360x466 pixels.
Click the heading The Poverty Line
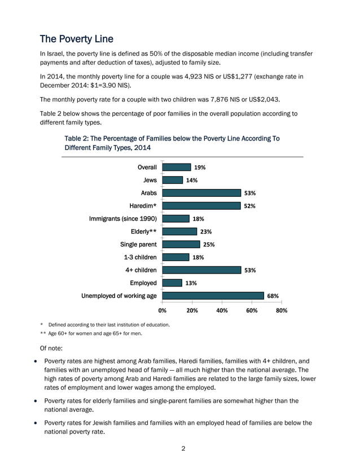[x=77, y=39]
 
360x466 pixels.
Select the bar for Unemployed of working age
[x=213, y=296]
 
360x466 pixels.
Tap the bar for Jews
[x=173, y=180]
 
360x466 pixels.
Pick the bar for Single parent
[x=181, y=244]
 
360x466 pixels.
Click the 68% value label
[x=273, y=296]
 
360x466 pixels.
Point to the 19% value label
[x=200, y=167]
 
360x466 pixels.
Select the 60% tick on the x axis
[x=252, y=310]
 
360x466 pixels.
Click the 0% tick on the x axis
[x=163, y=310]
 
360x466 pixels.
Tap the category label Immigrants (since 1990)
[x=123, y=218]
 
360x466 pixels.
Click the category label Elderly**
[x=143, y=231]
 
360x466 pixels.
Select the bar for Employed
[x=172, y=283]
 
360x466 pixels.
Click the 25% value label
[x=209, y=244]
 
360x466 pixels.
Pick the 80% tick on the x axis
[x=282, y=310]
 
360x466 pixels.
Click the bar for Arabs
[x=201, y=193]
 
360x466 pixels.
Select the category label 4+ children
[x=141, y=270]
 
